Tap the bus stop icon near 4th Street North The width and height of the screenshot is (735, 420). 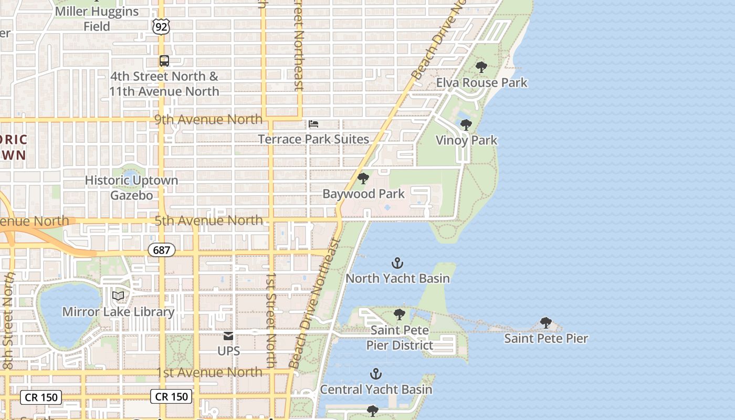[x=164, y=61]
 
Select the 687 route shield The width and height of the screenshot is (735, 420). [x=161, y=250]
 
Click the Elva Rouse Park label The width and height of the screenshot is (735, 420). [x=481, y=82]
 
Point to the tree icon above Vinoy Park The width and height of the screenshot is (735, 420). [x=466, y=125]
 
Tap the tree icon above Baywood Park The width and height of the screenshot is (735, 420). [x=363, y=178]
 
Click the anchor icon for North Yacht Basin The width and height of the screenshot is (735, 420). [x=397, y=263]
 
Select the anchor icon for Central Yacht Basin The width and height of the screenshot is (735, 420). [x=375, y=374]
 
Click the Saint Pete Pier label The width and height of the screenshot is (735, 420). [x=546, y=338]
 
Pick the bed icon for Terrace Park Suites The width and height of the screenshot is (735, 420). [x=313, y=124]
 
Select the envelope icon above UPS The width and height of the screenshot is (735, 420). [x=228, y=336]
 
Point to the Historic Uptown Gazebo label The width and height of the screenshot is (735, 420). [x=131, y=187]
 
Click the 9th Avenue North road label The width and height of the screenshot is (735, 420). [x=208, y=119]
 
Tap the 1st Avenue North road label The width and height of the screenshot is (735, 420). [x=209, y=372]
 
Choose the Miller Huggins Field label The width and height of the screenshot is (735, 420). [x=97, y=18]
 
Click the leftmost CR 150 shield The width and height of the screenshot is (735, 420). [x=41, y=397]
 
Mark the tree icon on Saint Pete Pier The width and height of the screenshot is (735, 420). [x=546, y=322]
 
